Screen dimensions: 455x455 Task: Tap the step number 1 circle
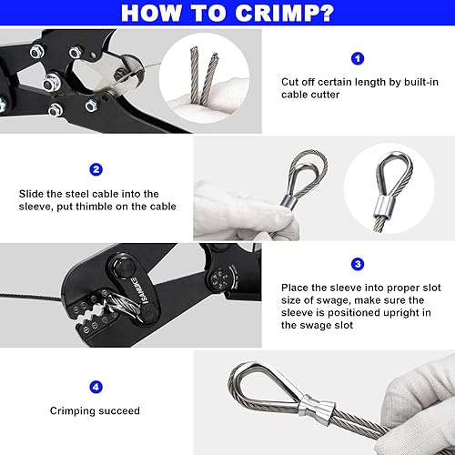(x=358, y=57)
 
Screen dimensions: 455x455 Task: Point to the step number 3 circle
(x=357, y=264)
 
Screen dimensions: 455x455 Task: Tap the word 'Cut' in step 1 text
(x=291, y=81)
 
